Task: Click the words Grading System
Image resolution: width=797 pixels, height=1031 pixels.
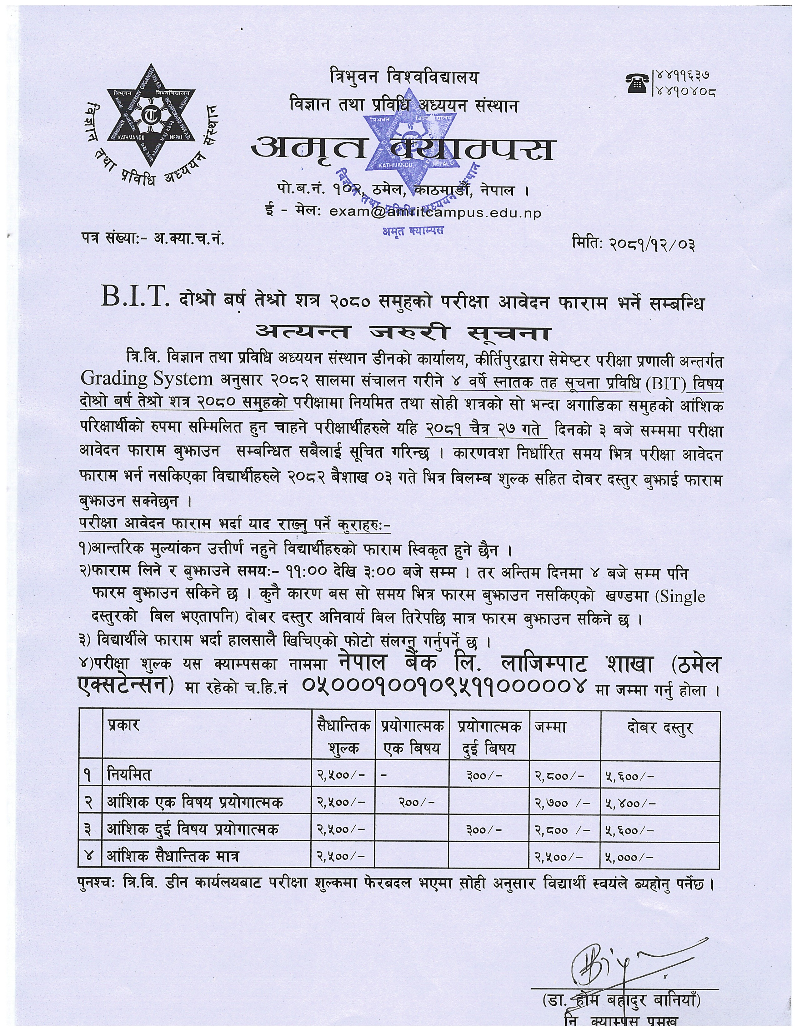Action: (x=147, y=378)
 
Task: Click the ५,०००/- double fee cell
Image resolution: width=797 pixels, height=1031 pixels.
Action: (x=630, y=855)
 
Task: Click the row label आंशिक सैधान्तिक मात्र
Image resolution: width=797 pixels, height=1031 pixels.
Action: (x=173, y=855)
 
